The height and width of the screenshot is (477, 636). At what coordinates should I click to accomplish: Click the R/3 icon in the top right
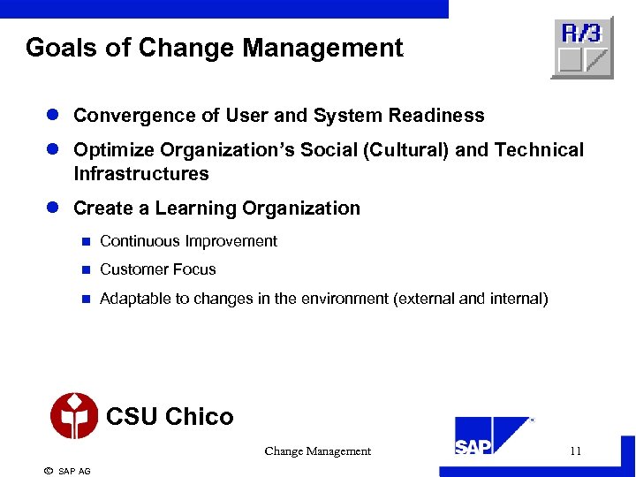(582, 48)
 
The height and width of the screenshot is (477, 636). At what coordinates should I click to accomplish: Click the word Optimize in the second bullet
(113, 150)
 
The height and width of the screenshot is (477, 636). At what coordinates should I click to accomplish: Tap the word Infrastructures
(141, 174)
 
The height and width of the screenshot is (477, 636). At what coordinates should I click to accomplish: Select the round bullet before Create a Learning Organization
(53, 208)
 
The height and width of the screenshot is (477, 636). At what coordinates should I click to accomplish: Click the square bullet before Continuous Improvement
(86, 241)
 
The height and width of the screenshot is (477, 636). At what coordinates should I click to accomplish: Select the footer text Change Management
(317, 451)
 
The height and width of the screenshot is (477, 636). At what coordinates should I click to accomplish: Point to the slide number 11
(575, 451)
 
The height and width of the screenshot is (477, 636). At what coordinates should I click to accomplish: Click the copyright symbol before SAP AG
(48, 471)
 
